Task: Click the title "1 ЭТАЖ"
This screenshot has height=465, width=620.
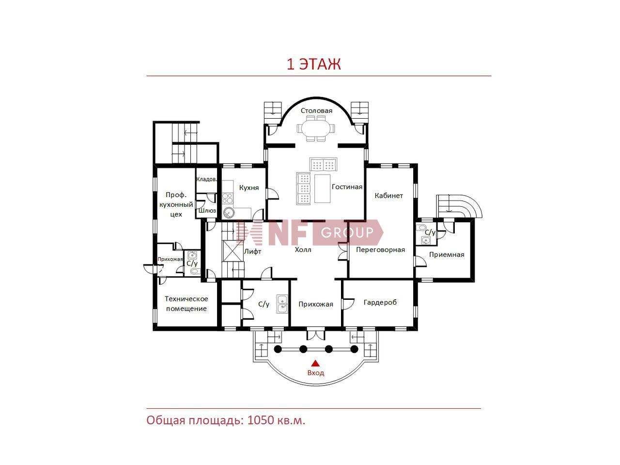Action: click(313, 64)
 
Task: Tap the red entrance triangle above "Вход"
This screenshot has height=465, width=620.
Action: click(315, 363)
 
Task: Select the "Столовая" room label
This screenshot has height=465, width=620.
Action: click(316, 110)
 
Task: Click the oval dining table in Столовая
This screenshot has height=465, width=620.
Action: click(316, 128)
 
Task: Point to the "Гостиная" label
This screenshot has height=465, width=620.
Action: click(347, 187)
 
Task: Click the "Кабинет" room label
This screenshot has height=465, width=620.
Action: click(388, 195)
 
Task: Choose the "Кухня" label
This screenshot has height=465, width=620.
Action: click(249, 188)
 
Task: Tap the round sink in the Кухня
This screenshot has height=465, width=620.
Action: click(229, 213)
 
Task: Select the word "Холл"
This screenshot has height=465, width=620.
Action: click(303, 249)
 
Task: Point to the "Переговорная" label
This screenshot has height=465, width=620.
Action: click(380, 249)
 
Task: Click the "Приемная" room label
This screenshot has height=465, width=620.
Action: click(447, 255)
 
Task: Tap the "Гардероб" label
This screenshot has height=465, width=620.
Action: click(380, 303)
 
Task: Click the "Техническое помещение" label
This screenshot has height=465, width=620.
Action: click(186, 304)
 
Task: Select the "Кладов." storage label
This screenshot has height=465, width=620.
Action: click(206, 179)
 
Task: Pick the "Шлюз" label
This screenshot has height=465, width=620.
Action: click(207, 211)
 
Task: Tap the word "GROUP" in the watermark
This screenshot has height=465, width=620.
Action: click(347, 232)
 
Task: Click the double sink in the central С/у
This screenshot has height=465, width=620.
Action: click(282, 304)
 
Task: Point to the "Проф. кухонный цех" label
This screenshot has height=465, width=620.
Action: click(176, 205)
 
